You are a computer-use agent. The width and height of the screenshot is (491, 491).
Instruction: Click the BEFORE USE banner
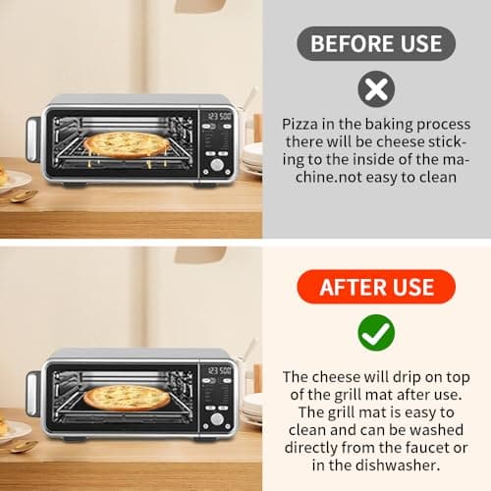[x=376, y=44]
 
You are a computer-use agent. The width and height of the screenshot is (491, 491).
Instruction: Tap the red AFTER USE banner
[x=376, y=287]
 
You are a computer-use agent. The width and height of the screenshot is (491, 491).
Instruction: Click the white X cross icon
[x=375, y=90]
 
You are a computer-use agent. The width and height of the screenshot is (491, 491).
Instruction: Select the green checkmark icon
[x=375, y=334]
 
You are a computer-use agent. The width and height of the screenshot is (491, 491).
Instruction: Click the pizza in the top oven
[x=127, y=143]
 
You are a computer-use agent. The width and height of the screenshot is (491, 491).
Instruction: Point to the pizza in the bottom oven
[x=127, y=398]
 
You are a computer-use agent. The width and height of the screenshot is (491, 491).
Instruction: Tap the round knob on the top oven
[x=217, y=166]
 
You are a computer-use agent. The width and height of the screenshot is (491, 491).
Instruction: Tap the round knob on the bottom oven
[x=217, y=418]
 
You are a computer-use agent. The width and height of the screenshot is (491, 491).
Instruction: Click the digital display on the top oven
[x=216, y=116]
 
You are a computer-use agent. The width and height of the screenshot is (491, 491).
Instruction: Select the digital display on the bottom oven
[x=216, y=370]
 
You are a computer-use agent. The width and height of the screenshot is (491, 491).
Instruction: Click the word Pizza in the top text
[x=298, y=126]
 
